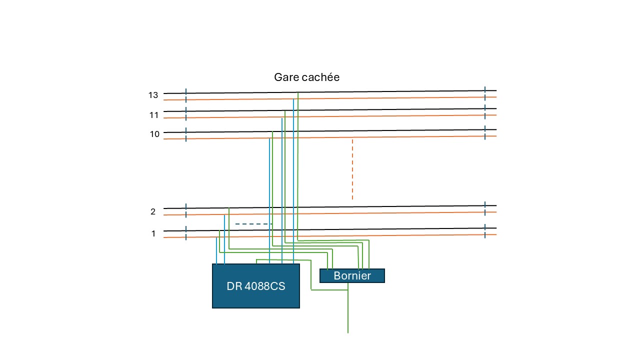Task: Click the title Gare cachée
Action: click(306, 77)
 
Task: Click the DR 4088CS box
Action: click(256, 285)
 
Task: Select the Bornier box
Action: click(352, 275)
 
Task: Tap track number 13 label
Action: click(153, 95)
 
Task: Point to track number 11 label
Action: click(153, 115)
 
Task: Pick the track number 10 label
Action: click(154, 133)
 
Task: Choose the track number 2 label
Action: click(153, 211)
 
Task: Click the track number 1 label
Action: click(153, 233)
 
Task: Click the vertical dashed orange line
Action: click(352, 169)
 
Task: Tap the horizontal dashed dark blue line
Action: click(253, 224)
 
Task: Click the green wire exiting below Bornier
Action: click(347, 308)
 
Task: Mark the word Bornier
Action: click(352, 275)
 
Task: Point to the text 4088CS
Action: click(265, 286)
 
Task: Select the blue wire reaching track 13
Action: click(293, 181)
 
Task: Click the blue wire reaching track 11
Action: click(281, 191)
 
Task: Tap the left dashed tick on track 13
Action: click(186, 95)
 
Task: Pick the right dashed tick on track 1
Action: click(485, 231)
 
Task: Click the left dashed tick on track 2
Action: click(186, 211)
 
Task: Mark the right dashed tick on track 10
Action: click(485, 132)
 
